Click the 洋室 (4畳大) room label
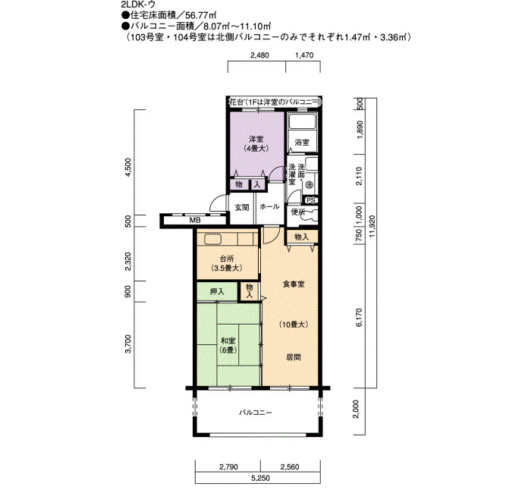(256, 143)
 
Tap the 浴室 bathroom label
(301, 143)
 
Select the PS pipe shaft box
(310, 200)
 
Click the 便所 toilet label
(298, 212)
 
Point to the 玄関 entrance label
(242, 207)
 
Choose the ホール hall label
(269, 206)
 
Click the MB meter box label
(195, 221)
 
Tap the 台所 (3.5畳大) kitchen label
(227, 263)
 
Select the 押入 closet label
(217, 291)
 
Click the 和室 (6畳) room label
(228, 345)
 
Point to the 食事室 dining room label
(294, 284)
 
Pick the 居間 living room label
(294, 357)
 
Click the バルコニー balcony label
(256, 413)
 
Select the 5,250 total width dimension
(260, 478)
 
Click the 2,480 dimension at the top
(259, 55)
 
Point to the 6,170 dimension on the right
(360, 317)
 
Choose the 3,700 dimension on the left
(127, 344)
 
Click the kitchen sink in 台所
(212, 239)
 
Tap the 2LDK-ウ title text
(138, 5)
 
